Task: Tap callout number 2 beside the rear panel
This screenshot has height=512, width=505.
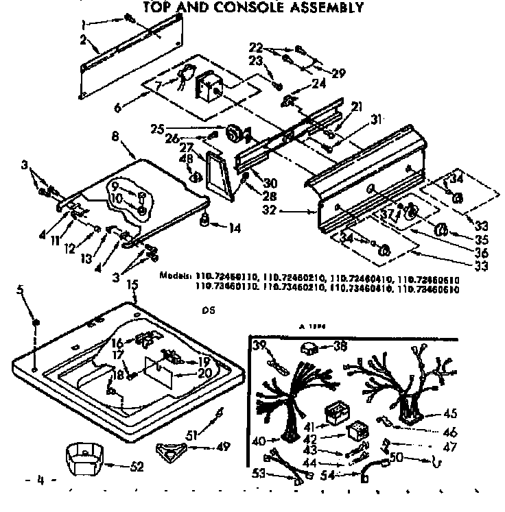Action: (x=83, y=40)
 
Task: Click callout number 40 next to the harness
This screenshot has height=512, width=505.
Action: (x=257, y=441)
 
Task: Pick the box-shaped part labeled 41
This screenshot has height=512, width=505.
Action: (x=336, y=413)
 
